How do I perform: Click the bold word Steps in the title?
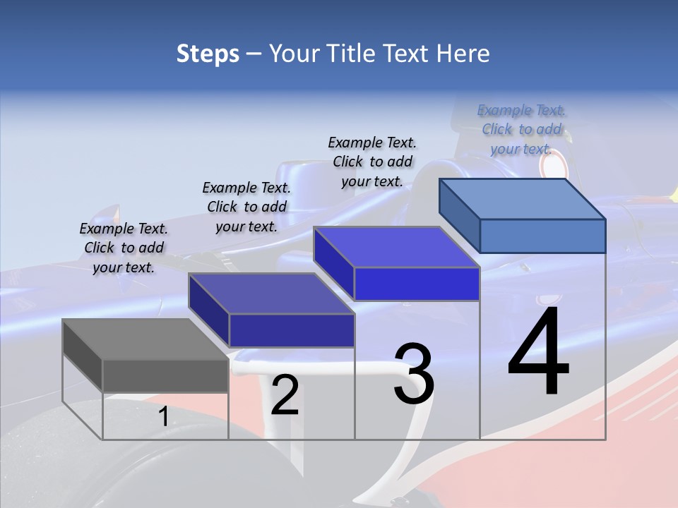208,54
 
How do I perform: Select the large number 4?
538,353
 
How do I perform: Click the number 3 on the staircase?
414,374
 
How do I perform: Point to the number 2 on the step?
285,395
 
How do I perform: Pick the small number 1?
163,417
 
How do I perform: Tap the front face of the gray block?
165,375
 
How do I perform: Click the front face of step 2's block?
292,330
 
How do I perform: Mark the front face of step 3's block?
417,284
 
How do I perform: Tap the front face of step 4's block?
542,236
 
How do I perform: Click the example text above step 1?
124,248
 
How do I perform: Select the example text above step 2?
246,207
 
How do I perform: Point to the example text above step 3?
372,162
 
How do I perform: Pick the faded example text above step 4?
521,129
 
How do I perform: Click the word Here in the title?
463,54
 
